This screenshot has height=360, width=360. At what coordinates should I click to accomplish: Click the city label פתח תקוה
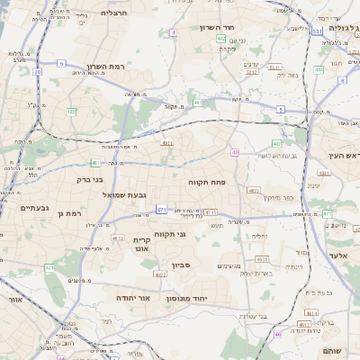point(205,182)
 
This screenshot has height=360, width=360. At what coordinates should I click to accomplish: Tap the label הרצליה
point(116,13)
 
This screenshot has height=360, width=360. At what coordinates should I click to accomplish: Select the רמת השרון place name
point(106,67)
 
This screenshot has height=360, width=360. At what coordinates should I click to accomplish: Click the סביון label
point(181,265)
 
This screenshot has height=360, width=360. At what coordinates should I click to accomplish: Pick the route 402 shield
point(221,40)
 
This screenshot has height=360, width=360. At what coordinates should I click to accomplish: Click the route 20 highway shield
point(37,71)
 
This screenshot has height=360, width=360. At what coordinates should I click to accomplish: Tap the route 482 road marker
point(70,112)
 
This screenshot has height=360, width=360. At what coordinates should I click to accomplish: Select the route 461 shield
point(50,267)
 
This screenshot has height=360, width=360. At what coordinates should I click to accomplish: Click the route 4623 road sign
point(254,190)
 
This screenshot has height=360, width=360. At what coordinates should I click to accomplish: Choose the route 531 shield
point(317,31)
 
